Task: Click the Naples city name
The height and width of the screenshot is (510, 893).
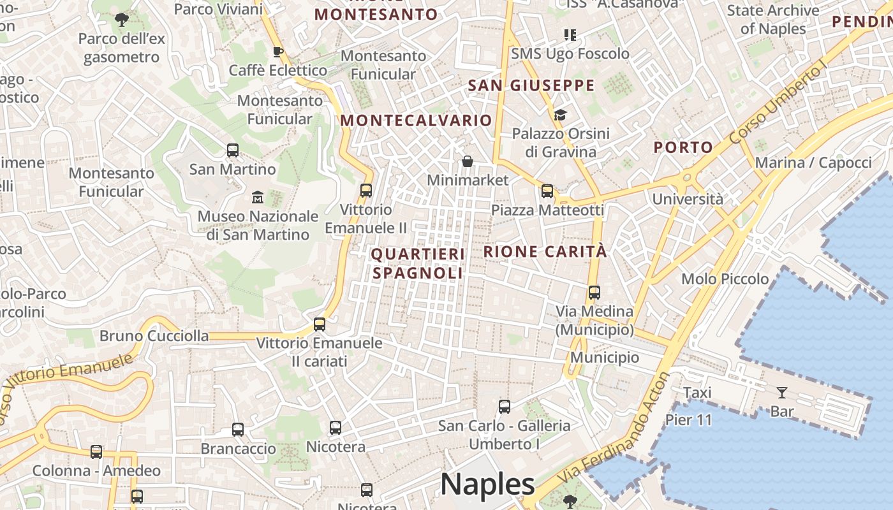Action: tap(487, 484)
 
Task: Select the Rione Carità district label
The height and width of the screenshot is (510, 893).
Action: tap(545, 252)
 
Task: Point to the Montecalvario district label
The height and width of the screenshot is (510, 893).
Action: tap(416, 120)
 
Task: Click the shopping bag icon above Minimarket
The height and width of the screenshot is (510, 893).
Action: tap(468, 161)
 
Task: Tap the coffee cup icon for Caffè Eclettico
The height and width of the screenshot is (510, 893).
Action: tap(277, 52)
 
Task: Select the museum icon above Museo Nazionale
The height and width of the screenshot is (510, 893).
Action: tap(258, 196)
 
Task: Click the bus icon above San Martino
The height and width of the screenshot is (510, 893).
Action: tap(233, 150)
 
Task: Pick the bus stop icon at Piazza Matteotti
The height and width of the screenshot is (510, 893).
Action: tap(547, 191)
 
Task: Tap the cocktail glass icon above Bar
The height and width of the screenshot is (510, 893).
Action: tap(782, 392)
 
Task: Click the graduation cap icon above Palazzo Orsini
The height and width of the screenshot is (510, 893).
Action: tap(560, 115)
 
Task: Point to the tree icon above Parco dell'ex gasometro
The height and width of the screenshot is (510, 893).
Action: tap(121, 20)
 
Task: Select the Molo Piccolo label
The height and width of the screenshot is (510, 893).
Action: tap(725, 279)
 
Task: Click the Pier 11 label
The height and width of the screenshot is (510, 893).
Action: tap(688, 419)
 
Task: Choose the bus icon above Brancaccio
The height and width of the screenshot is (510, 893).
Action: tap(238, 430)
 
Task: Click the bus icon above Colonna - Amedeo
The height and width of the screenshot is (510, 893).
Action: tap(96, 452)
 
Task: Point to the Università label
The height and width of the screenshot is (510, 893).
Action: tap(688, 199)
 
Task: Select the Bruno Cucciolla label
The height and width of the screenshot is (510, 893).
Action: tap(154, 336)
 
